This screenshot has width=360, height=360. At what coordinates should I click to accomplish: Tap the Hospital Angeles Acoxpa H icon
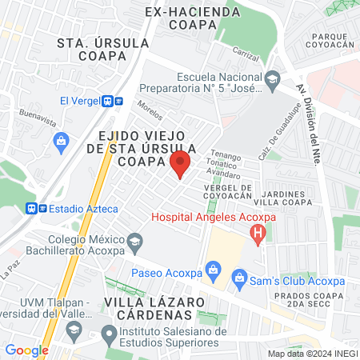[x=258, y=234]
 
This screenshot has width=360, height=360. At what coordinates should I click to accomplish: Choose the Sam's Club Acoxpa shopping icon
[x=238, y=278]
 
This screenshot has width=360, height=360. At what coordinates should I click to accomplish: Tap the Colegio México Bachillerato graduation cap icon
[x=134, y=241]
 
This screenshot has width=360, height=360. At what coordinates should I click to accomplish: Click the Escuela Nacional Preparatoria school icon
[x=273, y=78]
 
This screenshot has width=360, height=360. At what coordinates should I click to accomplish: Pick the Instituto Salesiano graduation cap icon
[x=110, y=332]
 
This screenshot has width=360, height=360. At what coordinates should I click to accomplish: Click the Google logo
[x=26, y=350]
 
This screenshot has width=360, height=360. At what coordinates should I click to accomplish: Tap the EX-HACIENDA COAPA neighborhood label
[x=182, y=18]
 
